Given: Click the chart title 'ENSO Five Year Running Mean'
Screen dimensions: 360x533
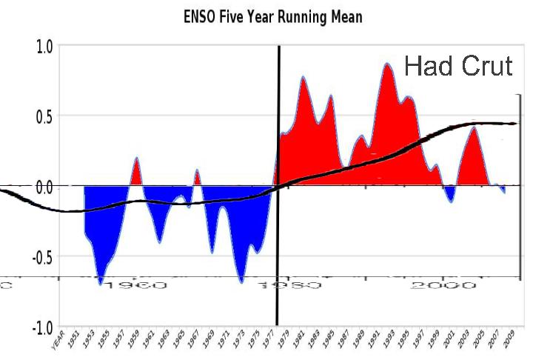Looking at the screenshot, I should (273, 16).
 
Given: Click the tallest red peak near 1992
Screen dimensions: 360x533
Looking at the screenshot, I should (387, 64).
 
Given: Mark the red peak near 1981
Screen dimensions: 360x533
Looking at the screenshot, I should (303, 78).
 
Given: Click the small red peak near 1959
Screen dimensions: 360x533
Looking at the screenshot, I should (137, 159).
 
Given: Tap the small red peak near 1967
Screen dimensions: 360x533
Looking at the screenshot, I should (197, 171).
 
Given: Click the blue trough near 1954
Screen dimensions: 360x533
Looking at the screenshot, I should (101, 282).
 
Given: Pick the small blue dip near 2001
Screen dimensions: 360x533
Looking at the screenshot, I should (451, 201).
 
